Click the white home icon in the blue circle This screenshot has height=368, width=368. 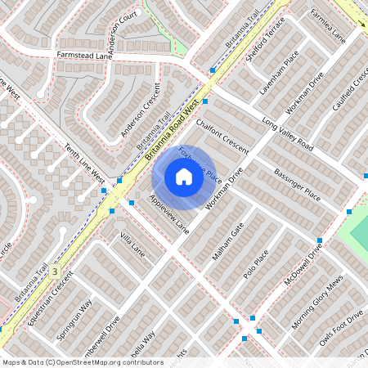(x=184, y=177)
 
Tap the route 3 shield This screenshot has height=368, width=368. (x=54, y=270)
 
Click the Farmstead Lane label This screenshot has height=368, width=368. (x=83, y=55)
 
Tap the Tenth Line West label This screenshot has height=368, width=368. (x=84, y=164)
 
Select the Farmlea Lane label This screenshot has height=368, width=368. (x=329, y=26)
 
